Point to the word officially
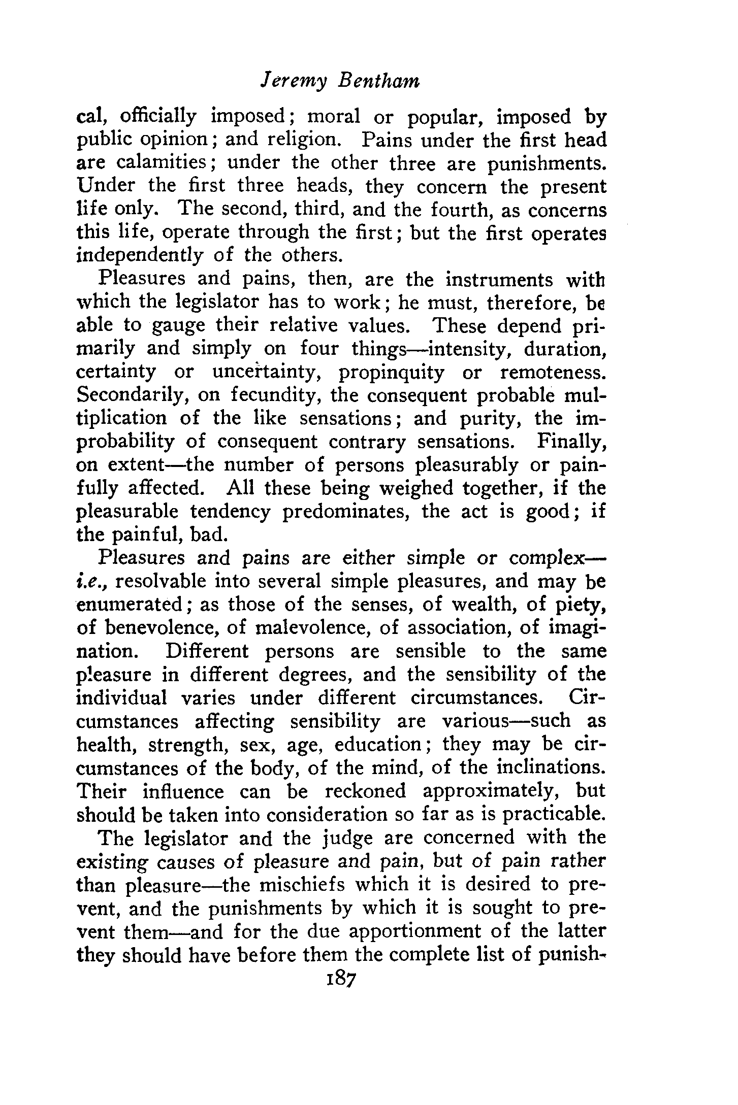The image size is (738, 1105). click(158, 117)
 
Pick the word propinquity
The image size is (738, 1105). click(392, 372)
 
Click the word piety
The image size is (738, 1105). click(579, 605)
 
